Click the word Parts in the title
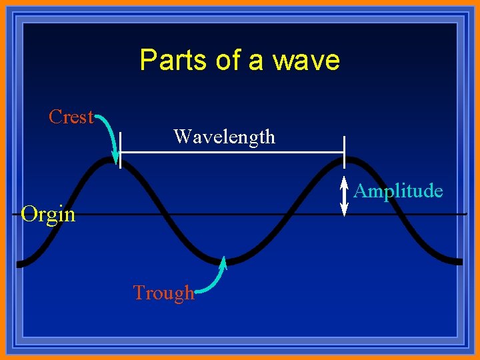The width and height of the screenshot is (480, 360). pos(173,61)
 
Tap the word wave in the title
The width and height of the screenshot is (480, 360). pos(310,61)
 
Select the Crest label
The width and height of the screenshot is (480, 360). pos(71,117)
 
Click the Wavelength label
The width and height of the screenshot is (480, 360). pos(224,137)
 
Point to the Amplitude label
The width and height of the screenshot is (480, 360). pos(398,191)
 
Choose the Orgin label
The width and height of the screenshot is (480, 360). pos(48,215)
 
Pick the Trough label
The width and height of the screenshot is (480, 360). pos(163,293)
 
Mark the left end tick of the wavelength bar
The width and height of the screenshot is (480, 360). pos(120,151)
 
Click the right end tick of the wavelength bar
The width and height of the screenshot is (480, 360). pos(344,151)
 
